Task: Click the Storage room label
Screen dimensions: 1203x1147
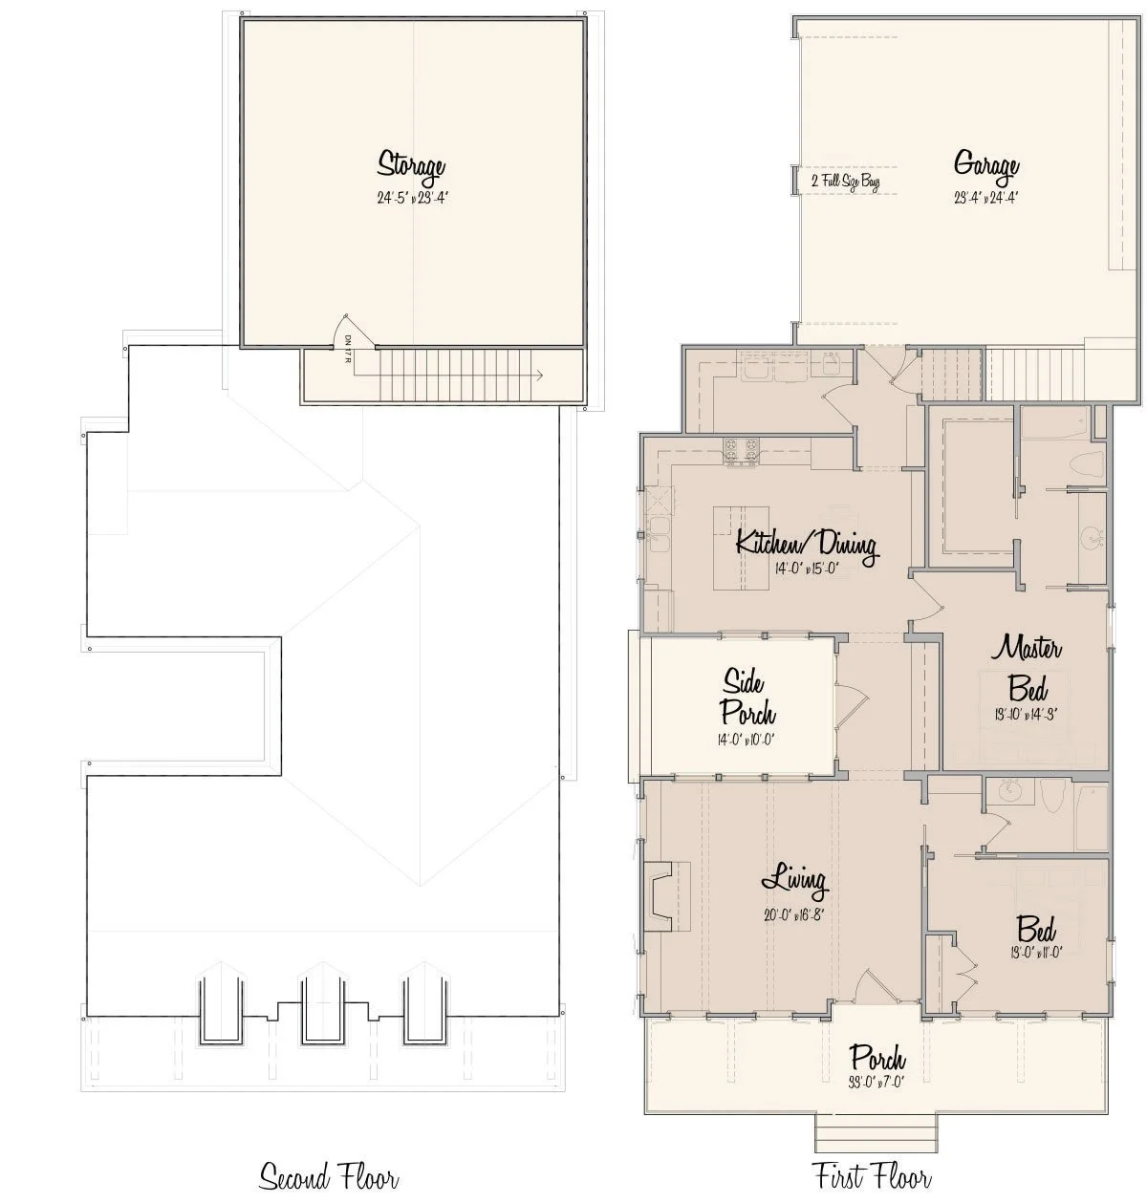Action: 411,164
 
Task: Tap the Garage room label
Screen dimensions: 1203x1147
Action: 985,164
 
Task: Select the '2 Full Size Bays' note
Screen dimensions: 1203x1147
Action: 845,181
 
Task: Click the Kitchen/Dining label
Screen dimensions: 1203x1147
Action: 806,545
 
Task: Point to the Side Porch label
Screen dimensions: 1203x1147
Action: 746,697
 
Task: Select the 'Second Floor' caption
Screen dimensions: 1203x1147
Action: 329,1175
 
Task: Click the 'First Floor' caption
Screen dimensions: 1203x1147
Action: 871,1175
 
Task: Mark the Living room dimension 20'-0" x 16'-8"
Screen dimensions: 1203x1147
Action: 793,913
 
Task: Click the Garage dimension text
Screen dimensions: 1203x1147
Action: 985,199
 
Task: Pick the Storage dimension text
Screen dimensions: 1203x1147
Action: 412,199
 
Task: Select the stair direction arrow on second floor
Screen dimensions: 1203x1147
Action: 540,376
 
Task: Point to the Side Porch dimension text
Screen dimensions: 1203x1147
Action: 747,738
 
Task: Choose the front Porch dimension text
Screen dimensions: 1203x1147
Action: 877,1083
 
